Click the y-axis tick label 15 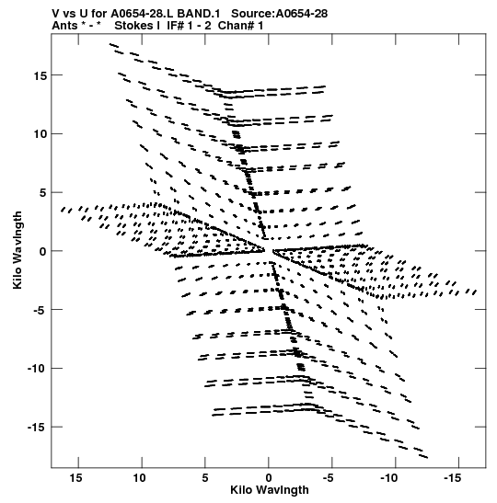[x=40, y=75]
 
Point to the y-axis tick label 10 [x=40, y=134]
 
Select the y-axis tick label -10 [x=37, y=369]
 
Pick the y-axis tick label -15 [x=37, y=428]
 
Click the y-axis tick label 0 [x=43, y=252]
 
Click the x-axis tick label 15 [x=76, y=478]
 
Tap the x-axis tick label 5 [x=205, y=478]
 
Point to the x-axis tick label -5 [x=328, y=478]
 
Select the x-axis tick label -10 [x=389, y=478]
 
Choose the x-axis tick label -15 [x=453, y=478]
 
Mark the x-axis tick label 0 [x=269, y=478]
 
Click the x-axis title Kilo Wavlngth [x=270, y=490]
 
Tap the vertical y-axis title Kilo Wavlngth [x=17, y=250]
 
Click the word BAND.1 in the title [x=199, y=14]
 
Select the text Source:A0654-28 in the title [x=279, y=14]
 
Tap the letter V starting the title [x=56, y=14]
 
